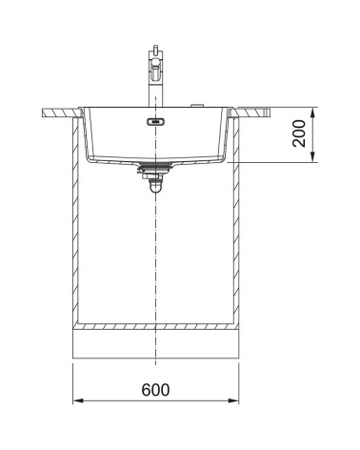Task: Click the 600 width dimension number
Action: pyautogui.click(x=155, y=390)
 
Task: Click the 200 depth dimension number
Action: pyautogui.click(x=299, y=133)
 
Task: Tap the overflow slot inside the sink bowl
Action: pyautogui.click(x=155, y=121)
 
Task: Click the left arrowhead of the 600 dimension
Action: pyautogui.click(x=78, y=400)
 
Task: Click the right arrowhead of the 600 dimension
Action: pyautogui.click(x=233, y=400)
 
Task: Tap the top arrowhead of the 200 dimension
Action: pyautogui.click(x=312, y=112)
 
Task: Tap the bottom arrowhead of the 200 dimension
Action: pyautogui.click(x=312, y=157)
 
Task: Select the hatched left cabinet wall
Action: pyautogui.click(x=75, y=221)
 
